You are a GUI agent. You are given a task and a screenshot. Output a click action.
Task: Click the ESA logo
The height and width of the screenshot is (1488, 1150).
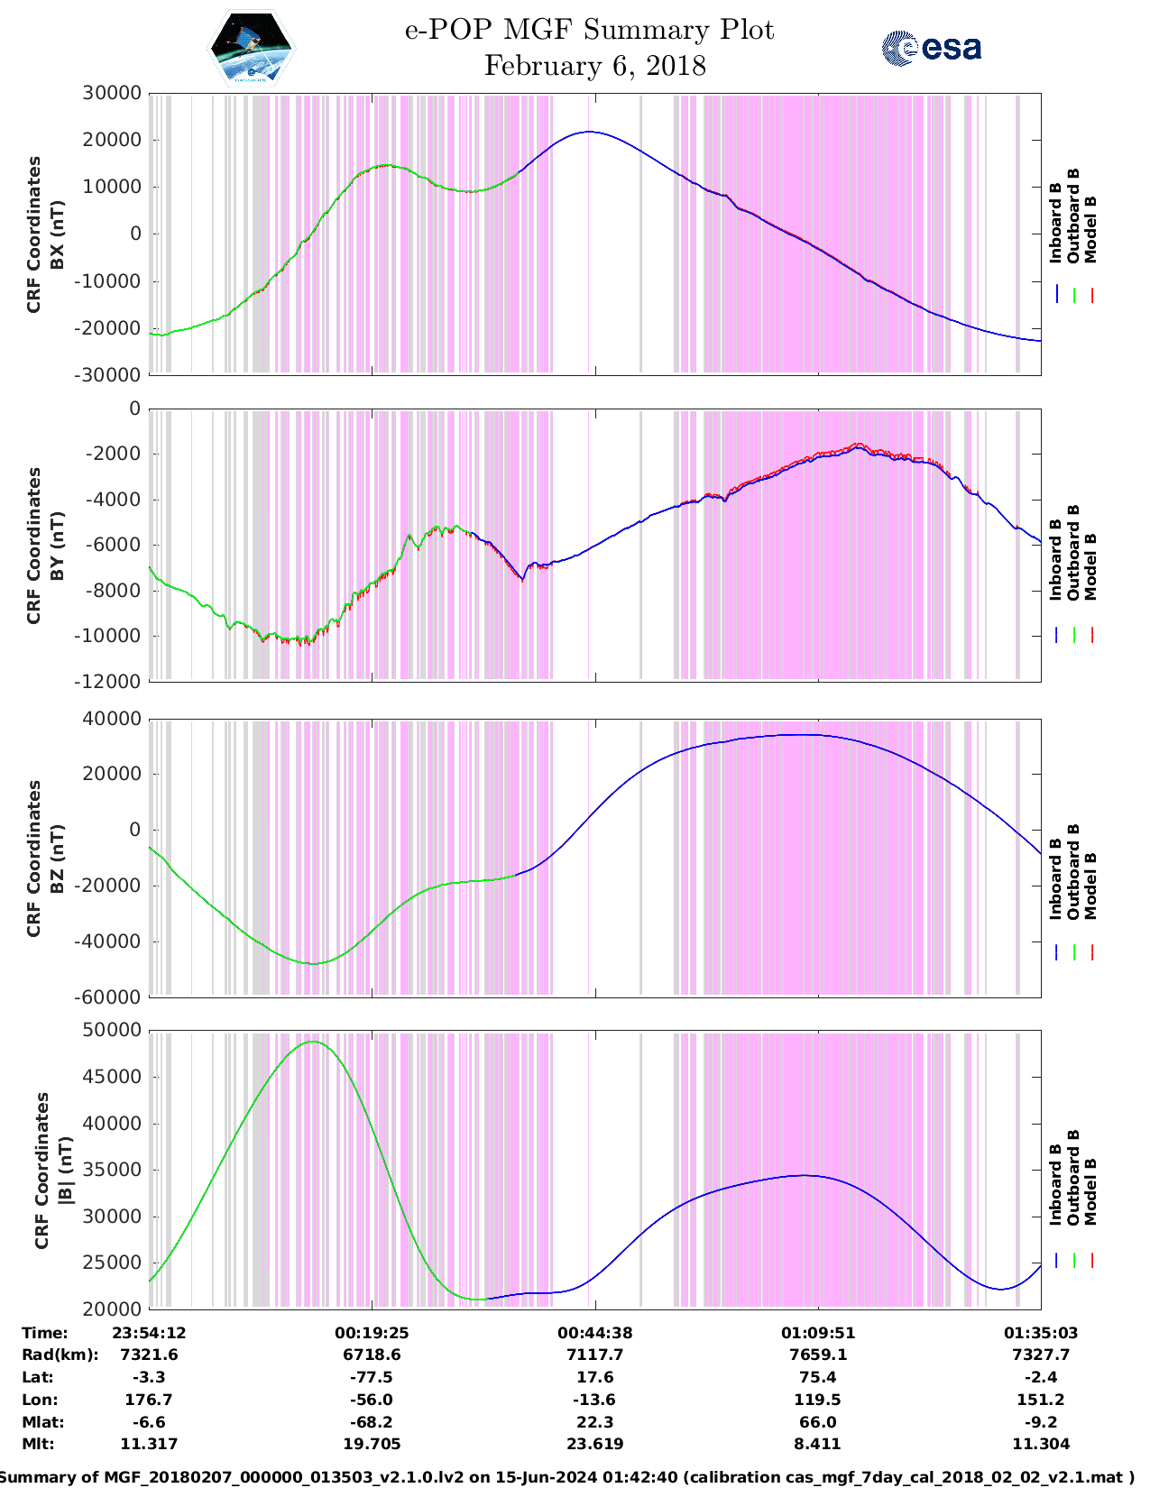[931, 48]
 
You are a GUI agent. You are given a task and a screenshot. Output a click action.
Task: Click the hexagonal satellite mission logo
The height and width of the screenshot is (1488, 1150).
[252, 49]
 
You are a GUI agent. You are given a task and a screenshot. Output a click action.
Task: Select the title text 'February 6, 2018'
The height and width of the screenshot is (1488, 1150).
[594, 66]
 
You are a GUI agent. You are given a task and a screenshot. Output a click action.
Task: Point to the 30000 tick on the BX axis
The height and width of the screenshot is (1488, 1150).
[112, 93]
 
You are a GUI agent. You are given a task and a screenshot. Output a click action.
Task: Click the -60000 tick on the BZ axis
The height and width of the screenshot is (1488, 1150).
[112, 997]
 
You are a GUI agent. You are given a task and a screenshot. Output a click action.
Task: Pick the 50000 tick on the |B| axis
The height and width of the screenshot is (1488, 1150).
[112, 1030]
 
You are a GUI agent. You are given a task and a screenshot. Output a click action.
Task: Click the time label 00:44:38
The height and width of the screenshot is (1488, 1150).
[594, 1332]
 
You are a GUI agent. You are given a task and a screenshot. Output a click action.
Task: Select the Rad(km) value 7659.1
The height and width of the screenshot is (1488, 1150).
[817, 1355]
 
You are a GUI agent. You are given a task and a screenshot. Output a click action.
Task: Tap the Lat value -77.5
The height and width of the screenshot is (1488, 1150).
[372, 1377]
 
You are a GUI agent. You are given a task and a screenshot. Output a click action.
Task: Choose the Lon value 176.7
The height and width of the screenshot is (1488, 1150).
[149, 1400]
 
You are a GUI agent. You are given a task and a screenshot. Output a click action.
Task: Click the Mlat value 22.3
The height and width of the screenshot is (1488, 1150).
[594, 1422]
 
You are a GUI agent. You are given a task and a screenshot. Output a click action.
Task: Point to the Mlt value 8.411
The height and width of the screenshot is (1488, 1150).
[817, 1444]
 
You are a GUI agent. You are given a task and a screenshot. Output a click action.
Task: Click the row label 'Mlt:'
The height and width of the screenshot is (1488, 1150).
[38, 1444]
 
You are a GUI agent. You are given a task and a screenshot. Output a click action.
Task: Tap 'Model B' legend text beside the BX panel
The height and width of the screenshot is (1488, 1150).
[1090, 229]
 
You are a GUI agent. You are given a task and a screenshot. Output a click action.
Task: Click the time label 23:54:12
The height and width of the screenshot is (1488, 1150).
[149, 1332]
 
